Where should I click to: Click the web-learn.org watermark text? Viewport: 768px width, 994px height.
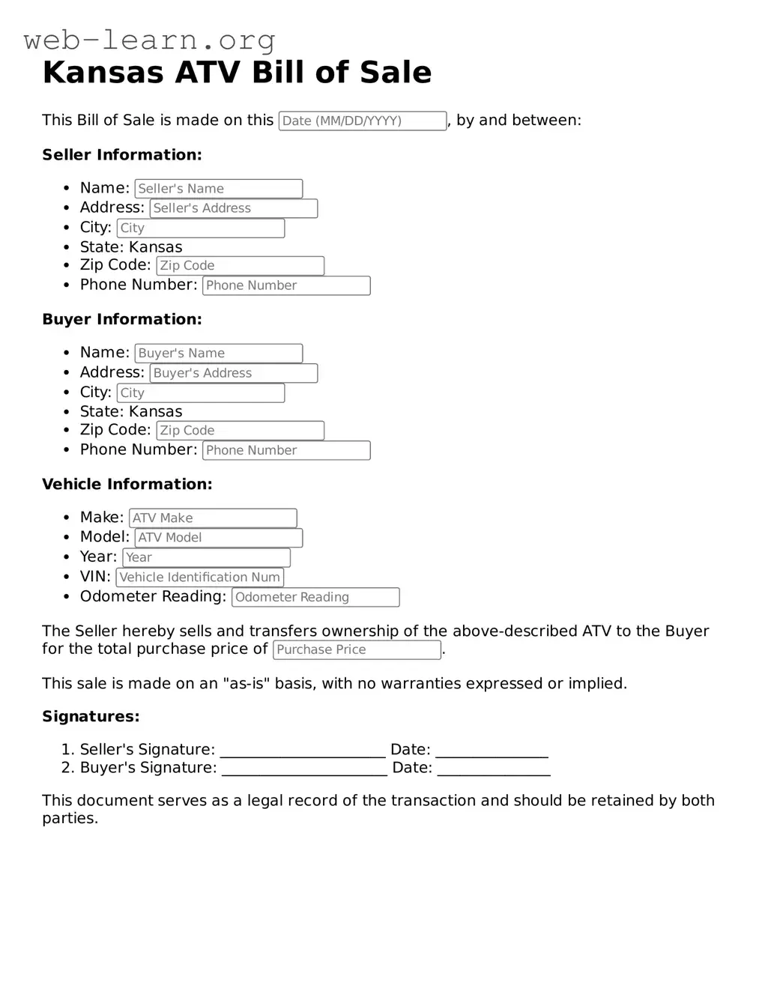pyautogui.click(x=149, y=40)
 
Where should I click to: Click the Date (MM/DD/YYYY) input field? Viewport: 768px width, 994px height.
pyautogui.click(x=363, y=121)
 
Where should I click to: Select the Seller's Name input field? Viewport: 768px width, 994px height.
pyautogui.click(x=218, y=189)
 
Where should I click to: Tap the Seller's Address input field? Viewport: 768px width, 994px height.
pyautogui.click(x=233, y=208)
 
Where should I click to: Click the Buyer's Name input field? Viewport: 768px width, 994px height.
pyautogui.click(x=218, y=353)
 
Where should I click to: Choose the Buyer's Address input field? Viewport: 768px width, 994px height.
pyautogui.click(x=233, y=373)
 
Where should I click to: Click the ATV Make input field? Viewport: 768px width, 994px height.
pyautogui.click(x=213, y=518)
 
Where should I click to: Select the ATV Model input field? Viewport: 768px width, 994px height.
pyautogui.click(x=218, y=538)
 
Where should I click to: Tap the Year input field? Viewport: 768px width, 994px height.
pyautogui.click(x=206, y=557)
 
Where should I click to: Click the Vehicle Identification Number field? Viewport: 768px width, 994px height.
pyautogui.click(x=199, y=578)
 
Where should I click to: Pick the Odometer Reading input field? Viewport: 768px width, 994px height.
pyautogui.click(x=315, y=597)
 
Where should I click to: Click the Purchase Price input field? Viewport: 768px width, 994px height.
pyautogui.click(x=357, y=649)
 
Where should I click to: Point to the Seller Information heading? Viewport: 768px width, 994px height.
pyautogui.click(x=122, y=155)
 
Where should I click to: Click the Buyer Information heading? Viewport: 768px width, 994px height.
pyautogui.click(x=122, y=319)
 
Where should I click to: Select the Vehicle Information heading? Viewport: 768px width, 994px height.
pyautogui.click(x=127, y=484)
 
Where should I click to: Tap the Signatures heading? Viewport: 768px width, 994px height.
pyautogui.click(x=91, y=716)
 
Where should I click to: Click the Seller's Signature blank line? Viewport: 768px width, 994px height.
pyautogui.click(x=303, y=751)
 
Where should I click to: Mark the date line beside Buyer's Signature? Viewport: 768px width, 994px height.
pyautogui.click(x=494, y=769)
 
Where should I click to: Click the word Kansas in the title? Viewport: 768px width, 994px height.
pyautogui.click(x=103, y=73)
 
